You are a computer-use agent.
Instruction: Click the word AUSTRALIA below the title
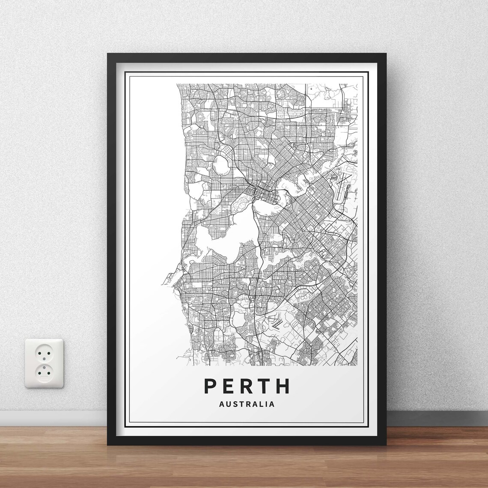(x=247, y=404)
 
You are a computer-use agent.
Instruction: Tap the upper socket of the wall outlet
(x=44, y=353)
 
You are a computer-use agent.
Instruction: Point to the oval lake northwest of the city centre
(x=221, y=163)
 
